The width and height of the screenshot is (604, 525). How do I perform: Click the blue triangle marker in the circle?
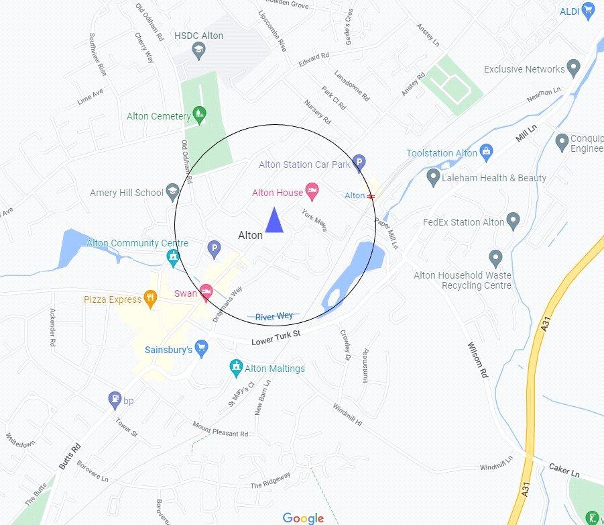tap(274, 221)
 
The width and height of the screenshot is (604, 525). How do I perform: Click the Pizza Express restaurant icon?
tap(151, 299)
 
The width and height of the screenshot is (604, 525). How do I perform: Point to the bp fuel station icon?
tap(115, 400)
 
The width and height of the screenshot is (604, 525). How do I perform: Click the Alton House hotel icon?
tap(312, 192)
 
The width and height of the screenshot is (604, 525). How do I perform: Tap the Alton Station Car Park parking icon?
tap(359, 162)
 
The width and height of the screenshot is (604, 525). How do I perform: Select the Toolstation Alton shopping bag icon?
tap(487, 152)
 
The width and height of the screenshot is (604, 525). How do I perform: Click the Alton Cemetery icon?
tap(199, 115)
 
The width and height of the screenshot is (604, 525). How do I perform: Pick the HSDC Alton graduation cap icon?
tap(198, 49)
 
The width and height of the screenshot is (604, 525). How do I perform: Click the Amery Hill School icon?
tap(172, 192)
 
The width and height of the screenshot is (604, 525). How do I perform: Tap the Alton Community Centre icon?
tap(173, 256)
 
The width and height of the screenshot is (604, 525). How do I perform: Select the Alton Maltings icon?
tap(235, 367)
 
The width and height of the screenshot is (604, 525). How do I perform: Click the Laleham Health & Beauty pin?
tap(433, 177)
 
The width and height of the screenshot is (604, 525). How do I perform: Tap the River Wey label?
tap(274, 316)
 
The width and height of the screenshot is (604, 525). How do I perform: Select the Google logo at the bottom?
tap(303, 518)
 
